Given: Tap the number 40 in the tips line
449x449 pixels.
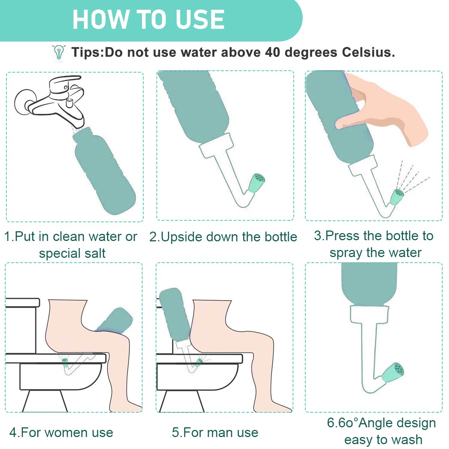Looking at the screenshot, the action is click(273, 52).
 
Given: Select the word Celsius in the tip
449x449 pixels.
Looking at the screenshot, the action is click(369, 52).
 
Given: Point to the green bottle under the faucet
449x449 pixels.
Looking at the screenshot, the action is click(104, 171).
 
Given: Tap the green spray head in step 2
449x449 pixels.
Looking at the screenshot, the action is click(257, 183).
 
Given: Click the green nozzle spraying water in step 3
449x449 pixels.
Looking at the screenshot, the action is click(398, 197).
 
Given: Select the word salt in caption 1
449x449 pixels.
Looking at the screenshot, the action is click(95, 253).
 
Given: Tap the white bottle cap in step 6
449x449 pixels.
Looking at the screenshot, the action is click(369, 315).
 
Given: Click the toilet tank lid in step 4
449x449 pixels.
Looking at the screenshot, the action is click(22, 302).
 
